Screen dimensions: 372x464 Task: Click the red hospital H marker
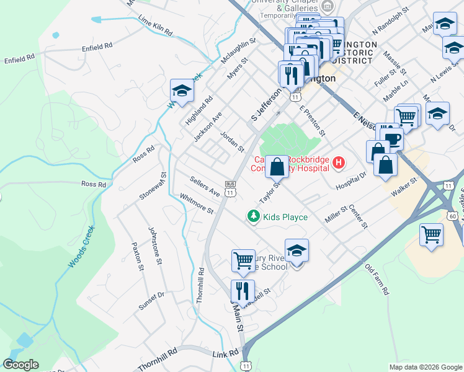(x=339, y=163)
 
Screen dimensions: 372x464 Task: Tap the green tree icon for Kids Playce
(x=253, y=216)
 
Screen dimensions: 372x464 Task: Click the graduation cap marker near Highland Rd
(x=182, y=92)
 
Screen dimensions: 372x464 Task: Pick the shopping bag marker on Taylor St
(x=277, y=166)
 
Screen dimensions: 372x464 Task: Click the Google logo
(x=21, y=365)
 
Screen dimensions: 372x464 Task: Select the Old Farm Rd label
(x=377, y=280)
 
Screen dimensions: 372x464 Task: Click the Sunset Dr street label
(x=151, y=300)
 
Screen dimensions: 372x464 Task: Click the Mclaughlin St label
(x=238, y=51)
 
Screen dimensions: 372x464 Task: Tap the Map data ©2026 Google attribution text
(x=426, y=367)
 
